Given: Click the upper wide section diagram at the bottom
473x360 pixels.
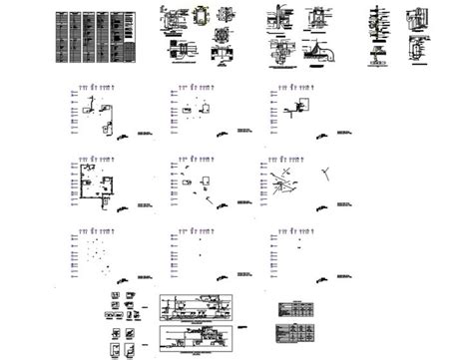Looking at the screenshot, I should (197, 307).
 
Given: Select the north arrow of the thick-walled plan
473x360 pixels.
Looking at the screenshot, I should (123, 205).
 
